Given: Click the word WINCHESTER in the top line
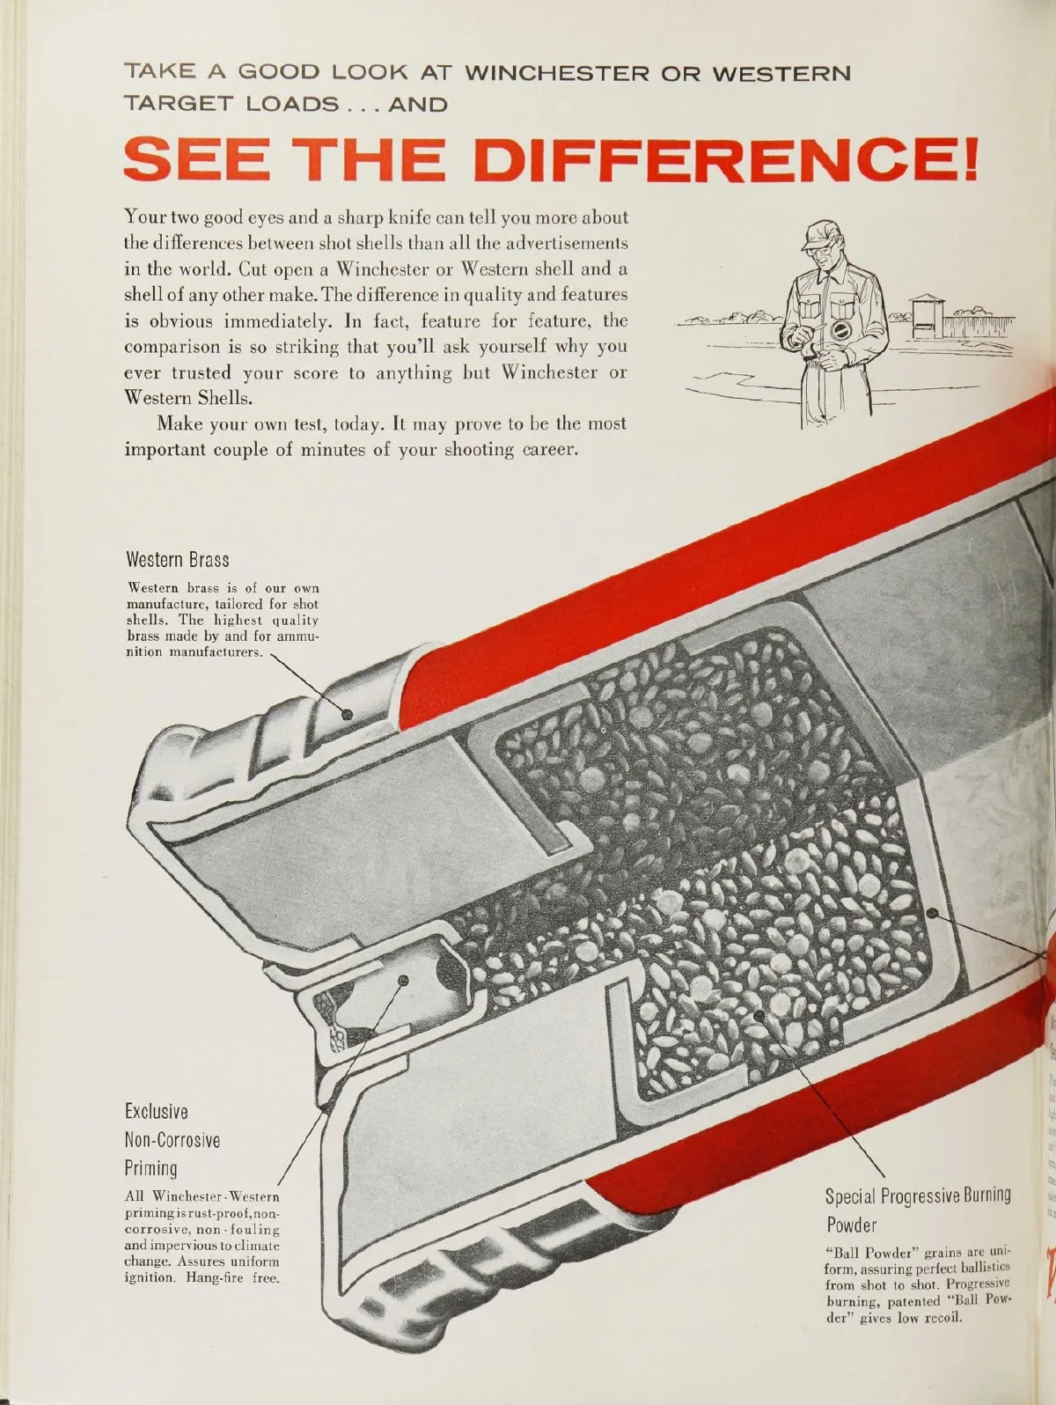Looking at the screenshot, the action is (556, 74).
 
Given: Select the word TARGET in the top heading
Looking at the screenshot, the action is (179, 104).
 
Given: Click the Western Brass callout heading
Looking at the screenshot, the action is (177, 559).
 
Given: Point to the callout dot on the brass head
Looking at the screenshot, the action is (347, 714).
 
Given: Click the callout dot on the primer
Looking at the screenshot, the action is (403, 979).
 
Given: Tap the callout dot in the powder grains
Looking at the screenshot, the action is (759, 1014).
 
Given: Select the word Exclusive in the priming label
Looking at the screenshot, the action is (156, 1111).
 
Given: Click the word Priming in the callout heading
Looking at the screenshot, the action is (151, 1169).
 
